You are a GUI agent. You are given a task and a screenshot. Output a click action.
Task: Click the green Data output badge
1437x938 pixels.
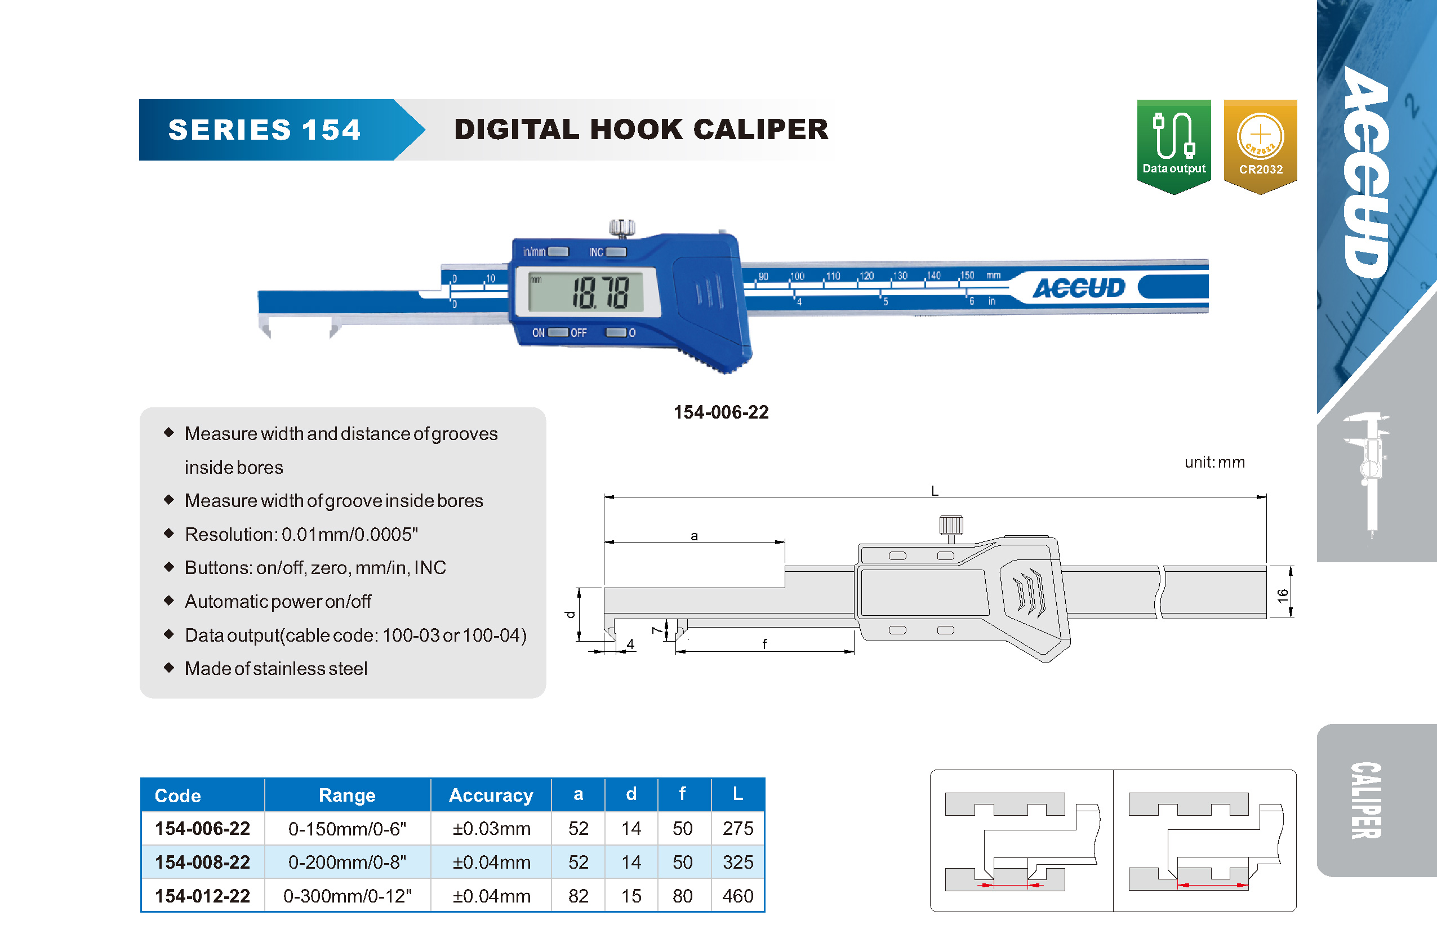coord(1174,146)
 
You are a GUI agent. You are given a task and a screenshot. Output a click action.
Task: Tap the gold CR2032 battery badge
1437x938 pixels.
coord(1260,146)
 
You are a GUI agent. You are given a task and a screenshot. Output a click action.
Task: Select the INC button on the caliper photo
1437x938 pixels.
coord(616,252)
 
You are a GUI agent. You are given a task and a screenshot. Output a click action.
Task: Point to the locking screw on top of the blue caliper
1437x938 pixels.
coord(621,228)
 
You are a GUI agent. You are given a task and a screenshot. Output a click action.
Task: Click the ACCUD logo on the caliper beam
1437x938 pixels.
coord(1078,288)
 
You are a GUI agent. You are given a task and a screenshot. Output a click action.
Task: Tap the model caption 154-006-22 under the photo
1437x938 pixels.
coord(721,412)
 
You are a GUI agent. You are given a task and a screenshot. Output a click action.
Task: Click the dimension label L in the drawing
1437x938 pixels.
coord(935,491)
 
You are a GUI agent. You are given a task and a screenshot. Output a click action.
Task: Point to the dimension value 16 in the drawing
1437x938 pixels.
coord(1283,596)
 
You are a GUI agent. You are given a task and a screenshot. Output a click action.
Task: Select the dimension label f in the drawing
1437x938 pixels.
coord(764,644)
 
